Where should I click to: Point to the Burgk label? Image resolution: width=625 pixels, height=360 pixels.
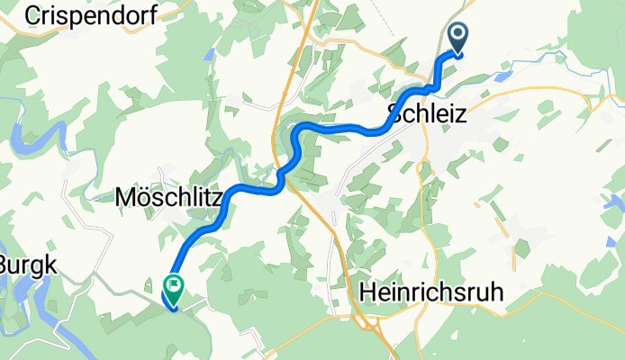click(x=28, y=265)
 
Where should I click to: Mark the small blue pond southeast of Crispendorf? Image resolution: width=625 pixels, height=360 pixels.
click(x=210, y=55)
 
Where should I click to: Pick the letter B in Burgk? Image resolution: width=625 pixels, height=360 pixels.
click(x=7, y=265)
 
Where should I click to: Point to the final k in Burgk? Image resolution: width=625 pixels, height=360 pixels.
click(x=50, y=265)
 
